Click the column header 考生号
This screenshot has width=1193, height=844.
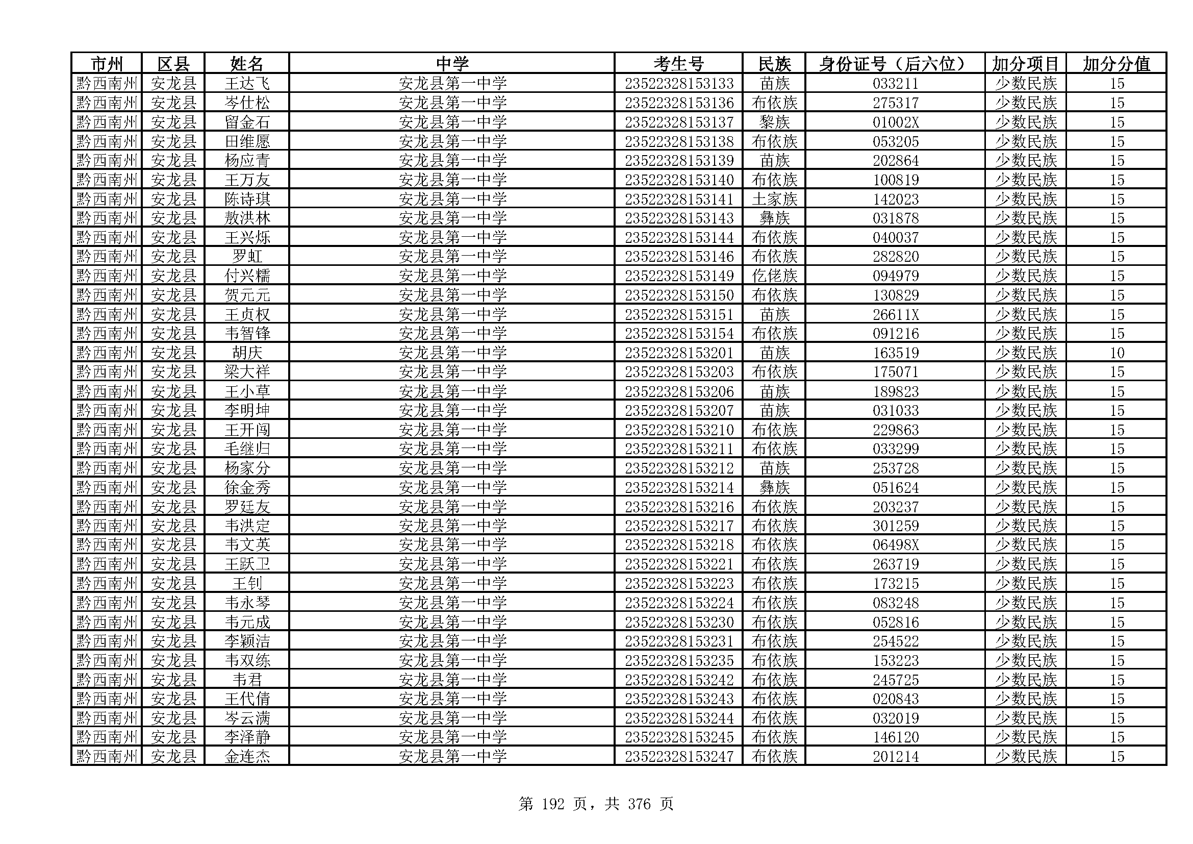point(678,63)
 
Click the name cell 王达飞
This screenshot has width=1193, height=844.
point(247,83)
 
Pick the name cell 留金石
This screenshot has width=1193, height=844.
point(247,122)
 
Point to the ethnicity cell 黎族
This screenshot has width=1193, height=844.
point(774,122)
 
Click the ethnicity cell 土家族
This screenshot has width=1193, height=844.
point(774,199)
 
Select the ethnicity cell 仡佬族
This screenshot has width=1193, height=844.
point(774,276)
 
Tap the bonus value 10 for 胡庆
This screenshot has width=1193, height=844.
point(1116,353)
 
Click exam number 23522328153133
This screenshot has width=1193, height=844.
point(678,83)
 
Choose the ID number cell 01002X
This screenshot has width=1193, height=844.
point(895,122)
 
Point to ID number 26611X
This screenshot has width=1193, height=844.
point(895,314)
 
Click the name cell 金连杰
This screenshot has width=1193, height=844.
point(247,756)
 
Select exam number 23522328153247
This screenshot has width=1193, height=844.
point(678,756)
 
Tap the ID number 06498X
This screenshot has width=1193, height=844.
point(895,544)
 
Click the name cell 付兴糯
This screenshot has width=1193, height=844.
point(247,276)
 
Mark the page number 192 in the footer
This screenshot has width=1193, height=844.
point(552,804)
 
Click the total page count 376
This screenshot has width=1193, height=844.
point(639,804)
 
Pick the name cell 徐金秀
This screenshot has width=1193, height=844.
point(247,487)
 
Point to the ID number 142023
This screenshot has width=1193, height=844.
point(895,199)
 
